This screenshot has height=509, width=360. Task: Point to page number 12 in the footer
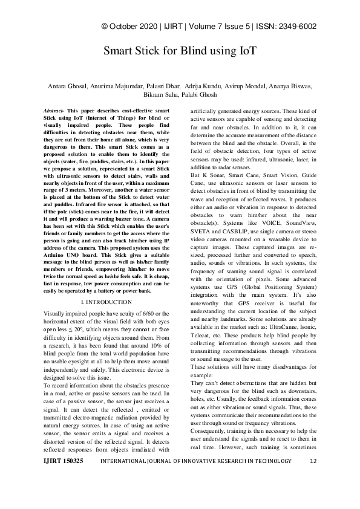pos(313,478)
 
